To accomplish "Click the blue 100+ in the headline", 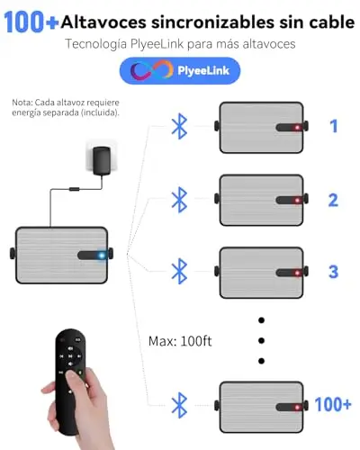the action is coord(31,22).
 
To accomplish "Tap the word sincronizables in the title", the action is coord(212,22).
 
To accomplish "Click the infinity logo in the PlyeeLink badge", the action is coord(152,70).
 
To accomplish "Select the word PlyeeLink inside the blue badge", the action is coord(203,71).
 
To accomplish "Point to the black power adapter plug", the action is coord(102,160).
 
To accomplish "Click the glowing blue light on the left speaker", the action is coord(102,256).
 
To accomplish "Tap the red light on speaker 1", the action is coord(297,128).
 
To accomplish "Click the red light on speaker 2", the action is coord(297,201).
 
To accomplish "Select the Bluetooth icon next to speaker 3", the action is coord(179,271).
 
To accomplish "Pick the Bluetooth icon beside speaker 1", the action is coord(179,126).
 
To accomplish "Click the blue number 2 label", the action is coord(333,200).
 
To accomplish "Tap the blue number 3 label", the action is coord(333,272).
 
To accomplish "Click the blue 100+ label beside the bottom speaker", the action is coord(333,404).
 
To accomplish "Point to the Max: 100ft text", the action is coord(180,341).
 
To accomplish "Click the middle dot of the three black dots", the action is coord(261,340).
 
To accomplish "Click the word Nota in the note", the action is coord(22,103).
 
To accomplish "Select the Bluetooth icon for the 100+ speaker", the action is coord(179,405).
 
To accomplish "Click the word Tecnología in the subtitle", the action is coord(96,44).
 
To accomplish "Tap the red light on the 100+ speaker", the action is coord(297,408).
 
